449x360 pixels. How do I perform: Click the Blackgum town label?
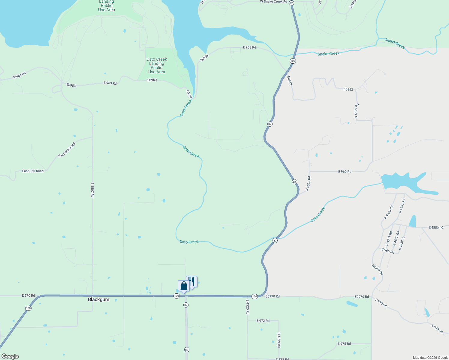click(98, 299)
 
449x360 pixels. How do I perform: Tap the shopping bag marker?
click(184, 286)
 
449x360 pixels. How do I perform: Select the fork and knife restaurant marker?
click(192, 282)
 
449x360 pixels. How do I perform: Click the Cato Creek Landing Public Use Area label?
click(156, 65)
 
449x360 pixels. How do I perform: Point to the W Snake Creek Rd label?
click(273, 2)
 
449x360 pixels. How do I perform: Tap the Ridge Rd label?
click(20, 75)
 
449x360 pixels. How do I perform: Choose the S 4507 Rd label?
click(92, 190)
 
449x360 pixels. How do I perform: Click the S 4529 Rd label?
click(357, 111)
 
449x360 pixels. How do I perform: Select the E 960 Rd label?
click(345, 172)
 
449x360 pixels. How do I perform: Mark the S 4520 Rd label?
click(248, 307)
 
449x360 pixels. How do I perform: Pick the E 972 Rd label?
click(263, 321)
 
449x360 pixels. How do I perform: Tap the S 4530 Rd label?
click(388, 212)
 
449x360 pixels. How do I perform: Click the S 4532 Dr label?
click(402, 243)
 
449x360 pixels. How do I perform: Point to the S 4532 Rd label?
click(396, 238)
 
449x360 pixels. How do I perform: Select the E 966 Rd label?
click(388, 251)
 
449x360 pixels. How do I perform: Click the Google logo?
click(10, 356)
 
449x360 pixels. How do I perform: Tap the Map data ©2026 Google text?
click(430, 358)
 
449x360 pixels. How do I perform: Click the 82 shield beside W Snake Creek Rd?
click(292, 2)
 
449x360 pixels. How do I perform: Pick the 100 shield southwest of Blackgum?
click(28, 308)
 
